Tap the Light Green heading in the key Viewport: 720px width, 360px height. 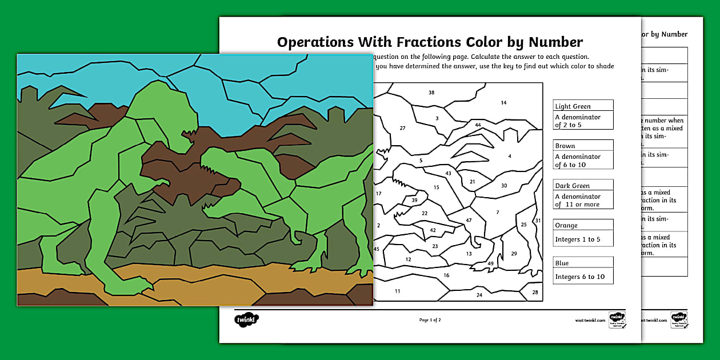(x=573, y=106)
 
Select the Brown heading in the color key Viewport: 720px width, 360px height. (x=565, y=146)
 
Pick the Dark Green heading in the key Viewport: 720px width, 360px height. (x=572, y=186)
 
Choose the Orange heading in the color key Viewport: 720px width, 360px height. (x=566, y=225)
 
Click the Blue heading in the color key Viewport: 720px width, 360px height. (x=562, y=263)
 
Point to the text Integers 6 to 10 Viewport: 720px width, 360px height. (x=579, y=277)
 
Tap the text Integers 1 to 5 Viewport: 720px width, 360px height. (x=578, y=239)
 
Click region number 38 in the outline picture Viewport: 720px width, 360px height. (x=431, y=93)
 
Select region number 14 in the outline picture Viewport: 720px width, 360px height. (x=503, y=103)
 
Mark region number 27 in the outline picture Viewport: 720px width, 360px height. (x=402, y=128)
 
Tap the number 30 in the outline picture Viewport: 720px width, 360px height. (x=504, y=186)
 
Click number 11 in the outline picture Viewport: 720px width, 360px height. (x=397, y=291)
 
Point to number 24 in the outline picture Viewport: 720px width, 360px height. (x=479, y=295)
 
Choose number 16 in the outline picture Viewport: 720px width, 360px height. (x=446, y=275)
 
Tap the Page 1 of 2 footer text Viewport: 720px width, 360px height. (x=430, y=320)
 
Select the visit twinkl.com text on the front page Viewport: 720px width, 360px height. (x=590, y=321)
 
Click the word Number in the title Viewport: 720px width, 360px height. (x=555, y=42)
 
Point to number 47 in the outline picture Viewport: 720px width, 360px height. (x=469, y=221)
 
